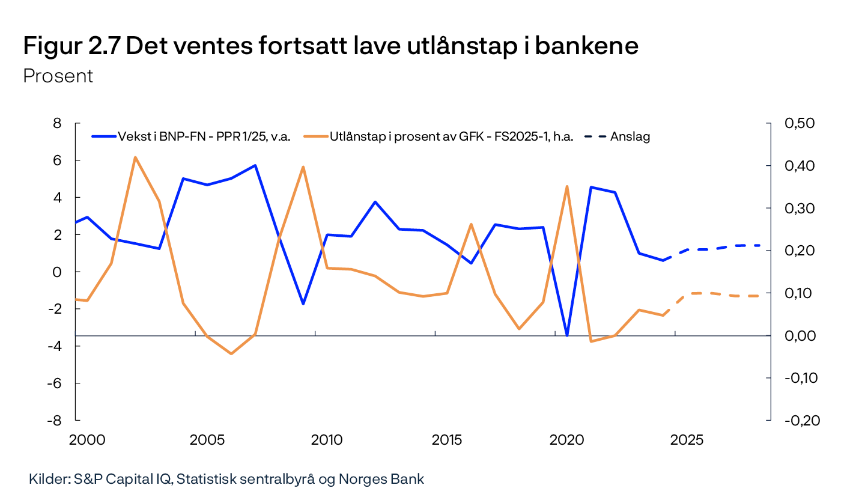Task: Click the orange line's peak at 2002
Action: [135, 157]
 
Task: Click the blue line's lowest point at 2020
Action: [567, 335]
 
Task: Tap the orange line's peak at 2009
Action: [303, 166]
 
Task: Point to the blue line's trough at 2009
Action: [303, 303]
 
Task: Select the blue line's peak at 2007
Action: [255, 165]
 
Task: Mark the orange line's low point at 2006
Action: [231, 353]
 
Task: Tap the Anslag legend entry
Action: [630, 136]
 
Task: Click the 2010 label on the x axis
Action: [327, 441]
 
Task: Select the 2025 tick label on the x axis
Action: [687, 441]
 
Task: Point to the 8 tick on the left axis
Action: [58, 123]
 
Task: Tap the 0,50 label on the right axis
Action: [802, 123]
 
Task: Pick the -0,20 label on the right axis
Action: [802, 421]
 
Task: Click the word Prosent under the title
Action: [58, 76]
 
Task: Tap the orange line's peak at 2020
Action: [567, 186]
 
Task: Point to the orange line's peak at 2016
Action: [471, 224]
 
